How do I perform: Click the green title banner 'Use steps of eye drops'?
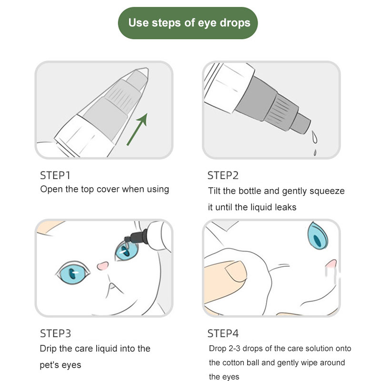pos(188,23)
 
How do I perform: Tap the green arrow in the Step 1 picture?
pos(137,129)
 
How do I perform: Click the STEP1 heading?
pos(55,175)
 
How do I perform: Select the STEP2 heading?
pos(223,175)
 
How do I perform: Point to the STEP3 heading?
pos(55,333)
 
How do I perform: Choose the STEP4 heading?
pos(223,333)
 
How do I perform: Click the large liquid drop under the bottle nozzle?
pos(314,137)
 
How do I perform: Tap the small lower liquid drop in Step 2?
pos(315,152)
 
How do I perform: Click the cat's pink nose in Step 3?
pos(103,266)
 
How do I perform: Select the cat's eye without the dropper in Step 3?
pos(73,273)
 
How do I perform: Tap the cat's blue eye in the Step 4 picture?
pos(318,236)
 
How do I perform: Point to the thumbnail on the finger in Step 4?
pos(235,271)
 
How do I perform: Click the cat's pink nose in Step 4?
pos(331,264)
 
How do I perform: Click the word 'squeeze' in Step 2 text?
pos(327,191)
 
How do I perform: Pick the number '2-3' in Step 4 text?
pos(234,349)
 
